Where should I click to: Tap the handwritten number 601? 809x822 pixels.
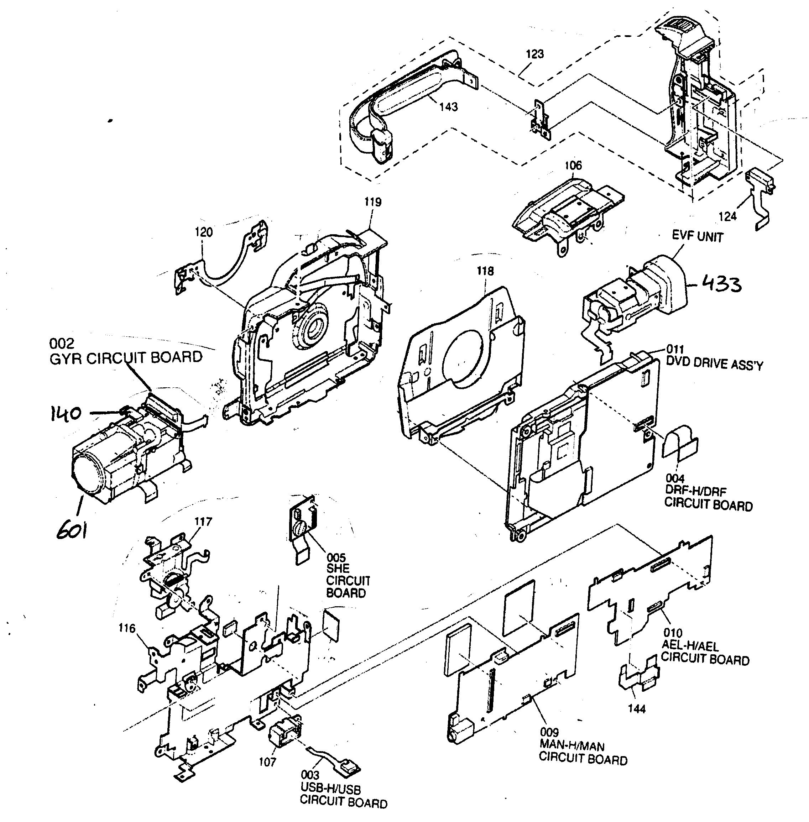click(x=72, y=530)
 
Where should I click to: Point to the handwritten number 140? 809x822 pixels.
click(x=66, y=413)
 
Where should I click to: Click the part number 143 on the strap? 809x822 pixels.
click(x=449, y=107)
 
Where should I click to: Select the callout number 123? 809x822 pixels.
click(x=534, y=54)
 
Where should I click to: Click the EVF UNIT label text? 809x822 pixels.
click(x=697, y=237)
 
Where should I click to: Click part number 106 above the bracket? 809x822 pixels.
click(x=573, y=166)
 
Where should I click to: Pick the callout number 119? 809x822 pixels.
click(x=373, y=202)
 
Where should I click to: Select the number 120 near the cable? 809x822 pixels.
click(x=204, y=232)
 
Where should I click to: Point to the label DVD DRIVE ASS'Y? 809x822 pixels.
click(x=714, y=365)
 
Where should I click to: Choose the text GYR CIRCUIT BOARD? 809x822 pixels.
click(x=126, y=358)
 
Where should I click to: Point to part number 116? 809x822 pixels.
click(x=127, y=628)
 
